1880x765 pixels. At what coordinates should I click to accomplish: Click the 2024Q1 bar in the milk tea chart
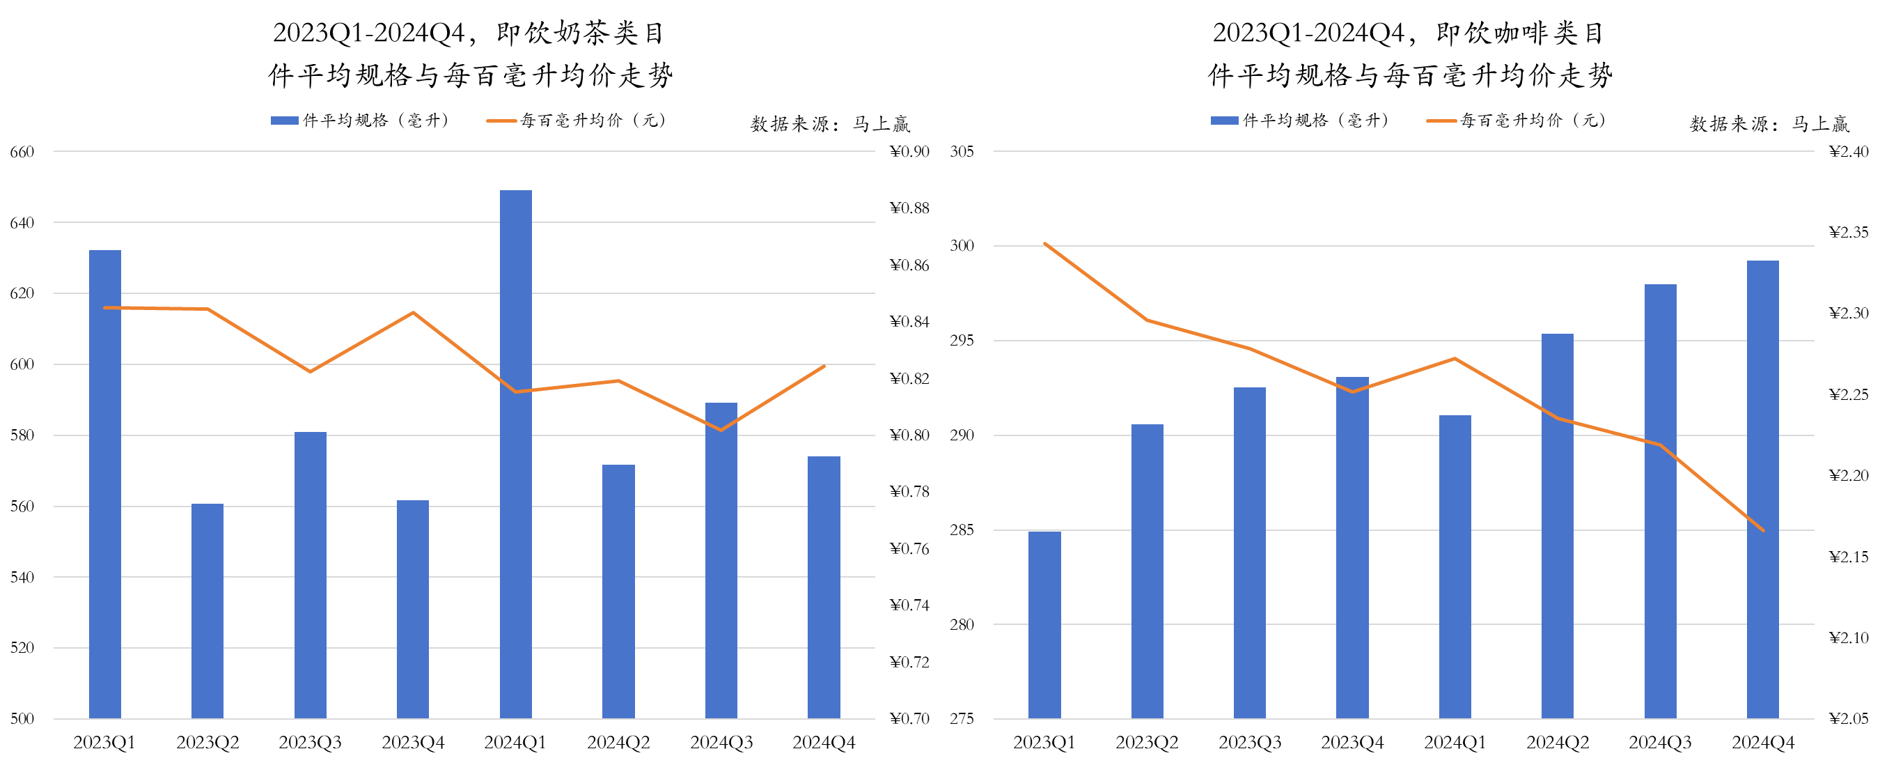coord(515,453)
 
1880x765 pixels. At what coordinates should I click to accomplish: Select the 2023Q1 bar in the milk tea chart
coord(105,481)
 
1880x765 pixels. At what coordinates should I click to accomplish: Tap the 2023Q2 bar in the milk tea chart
coord(207,610)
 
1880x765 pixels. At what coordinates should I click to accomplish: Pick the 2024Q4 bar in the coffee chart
coord(1762,489)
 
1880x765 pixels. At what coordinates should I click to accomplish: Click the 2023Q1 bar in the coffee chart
coord(1044,625)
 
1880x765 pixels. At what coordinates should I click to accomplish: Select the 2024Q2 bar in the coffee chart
coord(1558,525)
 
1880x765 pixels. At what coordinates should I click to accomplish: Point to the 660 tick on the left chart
coord(22,152)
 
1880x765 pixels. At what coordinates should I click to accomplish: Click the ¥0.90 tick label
coord(909,152)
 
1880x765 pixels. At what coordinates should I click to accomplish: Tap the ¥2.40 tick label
coord(1849,152)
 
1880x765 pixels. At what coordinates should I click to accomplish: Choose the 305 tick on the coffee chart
coord(962,152)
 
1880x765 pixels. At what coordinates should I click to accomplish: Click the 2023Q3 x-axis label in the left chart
coord(310,743)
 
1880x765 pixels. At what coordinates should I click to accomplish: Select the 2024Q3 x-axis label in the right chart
coord(1661,743)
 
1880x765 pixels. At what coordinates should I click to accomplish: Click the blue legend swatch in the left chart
coord(284,121)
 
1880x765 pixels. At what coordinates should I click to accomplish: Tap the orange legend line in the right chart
coord(1441,121)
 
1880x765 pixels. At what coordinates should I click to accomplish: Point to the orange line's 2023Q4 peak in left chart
coord(413,313)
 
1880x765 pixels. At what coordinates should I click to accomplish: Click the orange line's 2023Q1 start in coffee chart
coord(1045,244)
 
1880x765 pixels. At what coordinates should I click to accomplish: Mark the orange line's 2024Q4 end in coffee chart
coord(1763,531)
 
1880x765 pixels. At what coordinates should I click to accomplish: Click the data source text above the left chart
coord(830,124)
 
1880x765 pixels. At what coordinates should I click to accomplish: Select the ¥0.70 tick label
coord(909,718)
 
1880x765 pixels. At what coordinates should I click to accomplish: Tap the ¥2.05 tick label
coord(1849,718)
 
